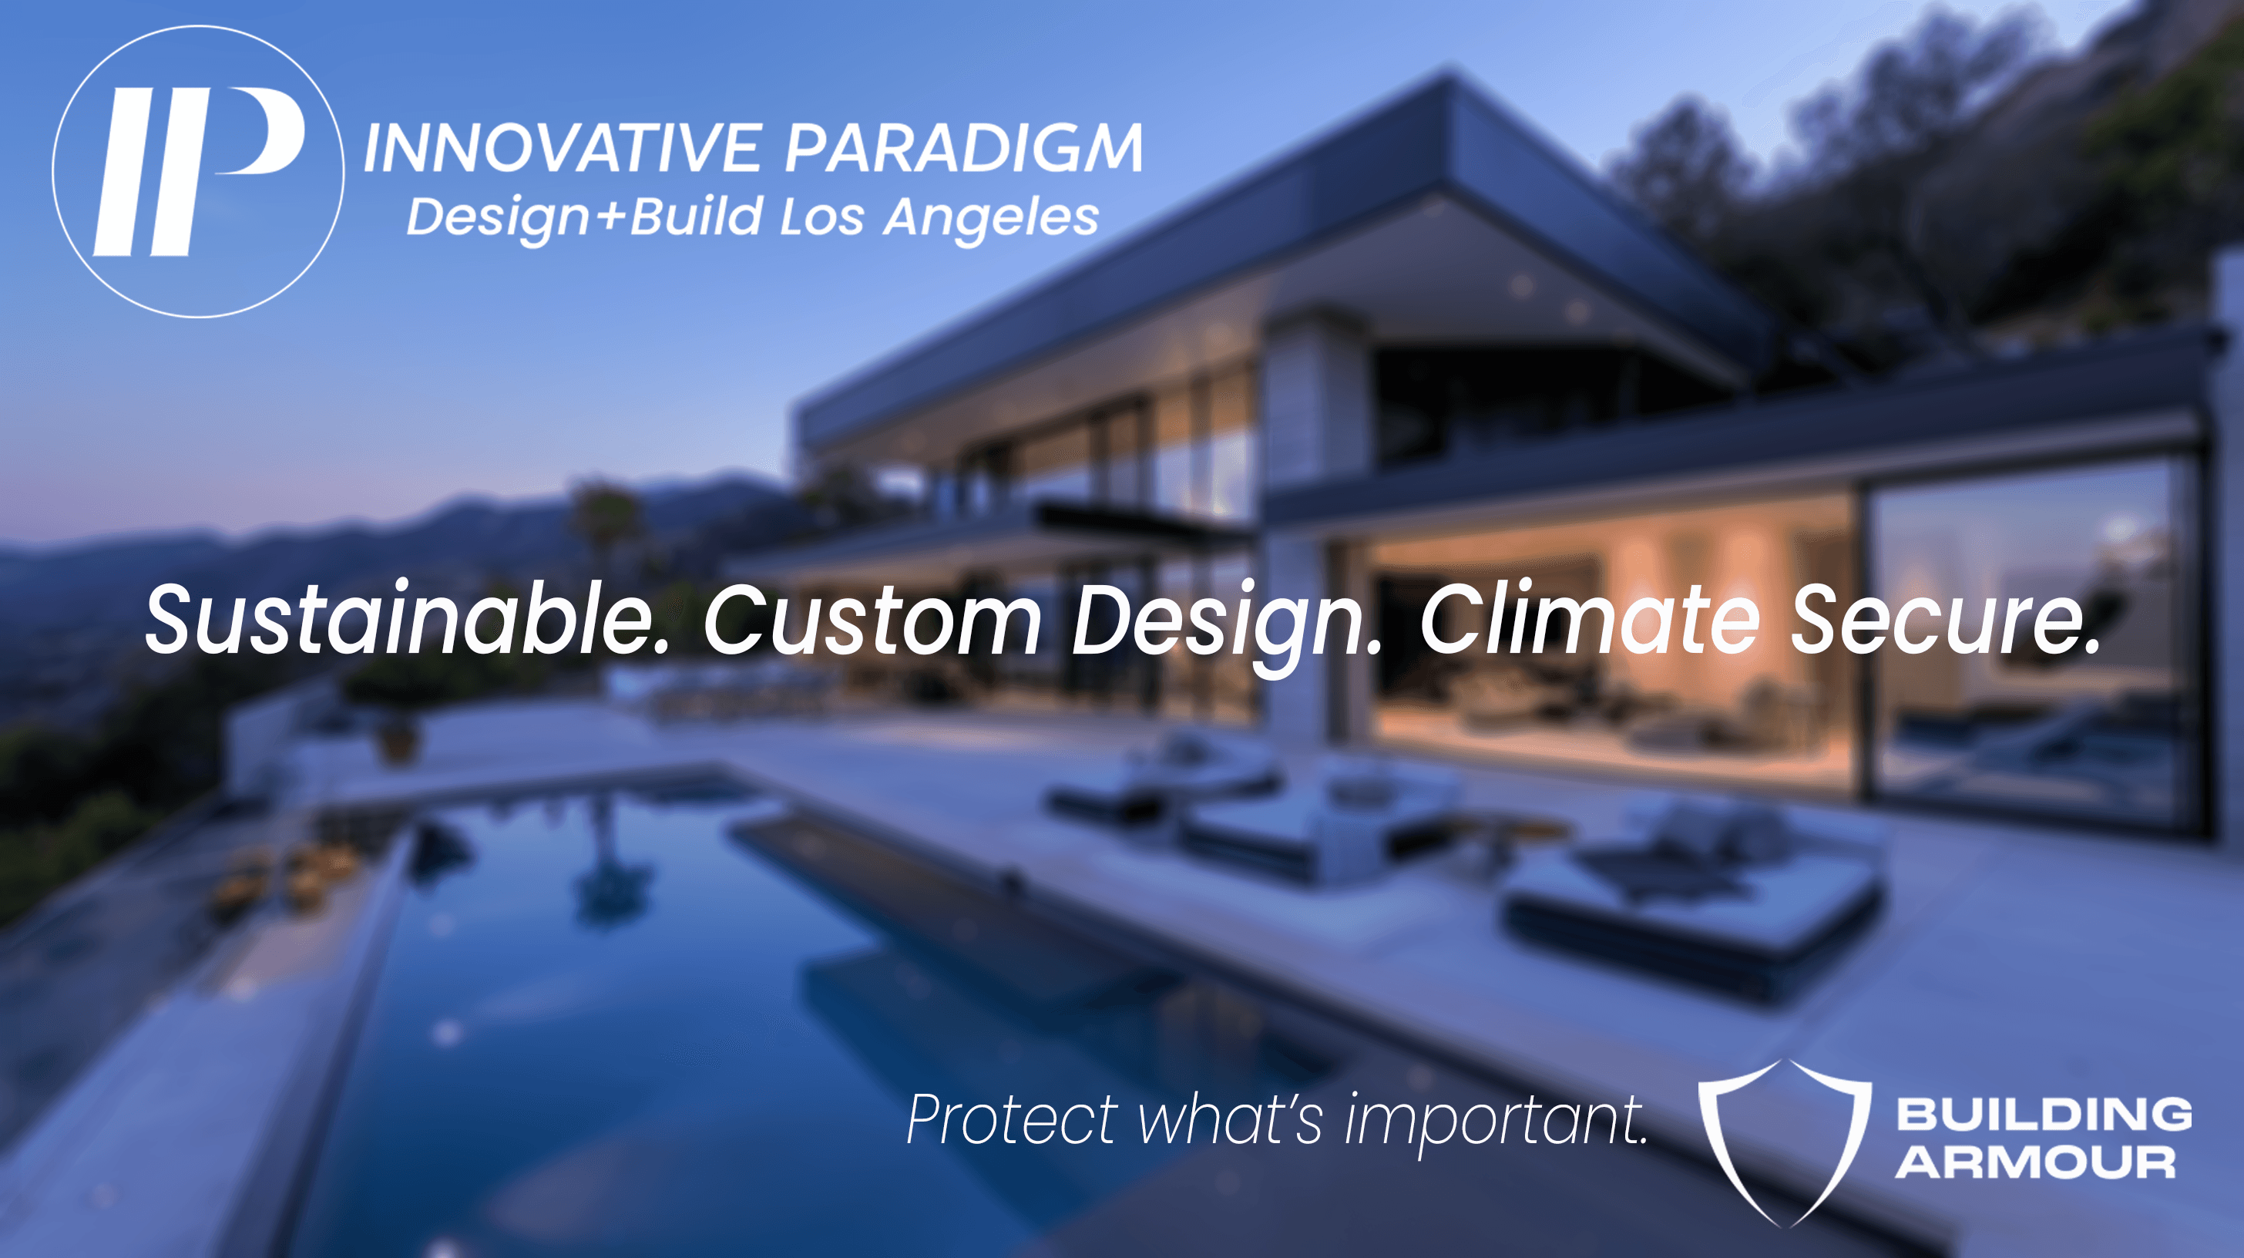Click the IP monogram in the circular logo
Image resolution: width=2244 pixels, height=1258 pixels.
(199, 172)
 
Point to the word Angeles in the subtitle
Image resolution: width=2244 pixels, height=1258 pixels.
(991, 219)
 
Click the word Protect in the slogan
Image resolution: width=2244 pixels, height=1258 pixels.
(1011, 1119)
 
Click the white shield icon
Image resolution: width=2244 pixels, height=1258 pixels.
(1784, 1142)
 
